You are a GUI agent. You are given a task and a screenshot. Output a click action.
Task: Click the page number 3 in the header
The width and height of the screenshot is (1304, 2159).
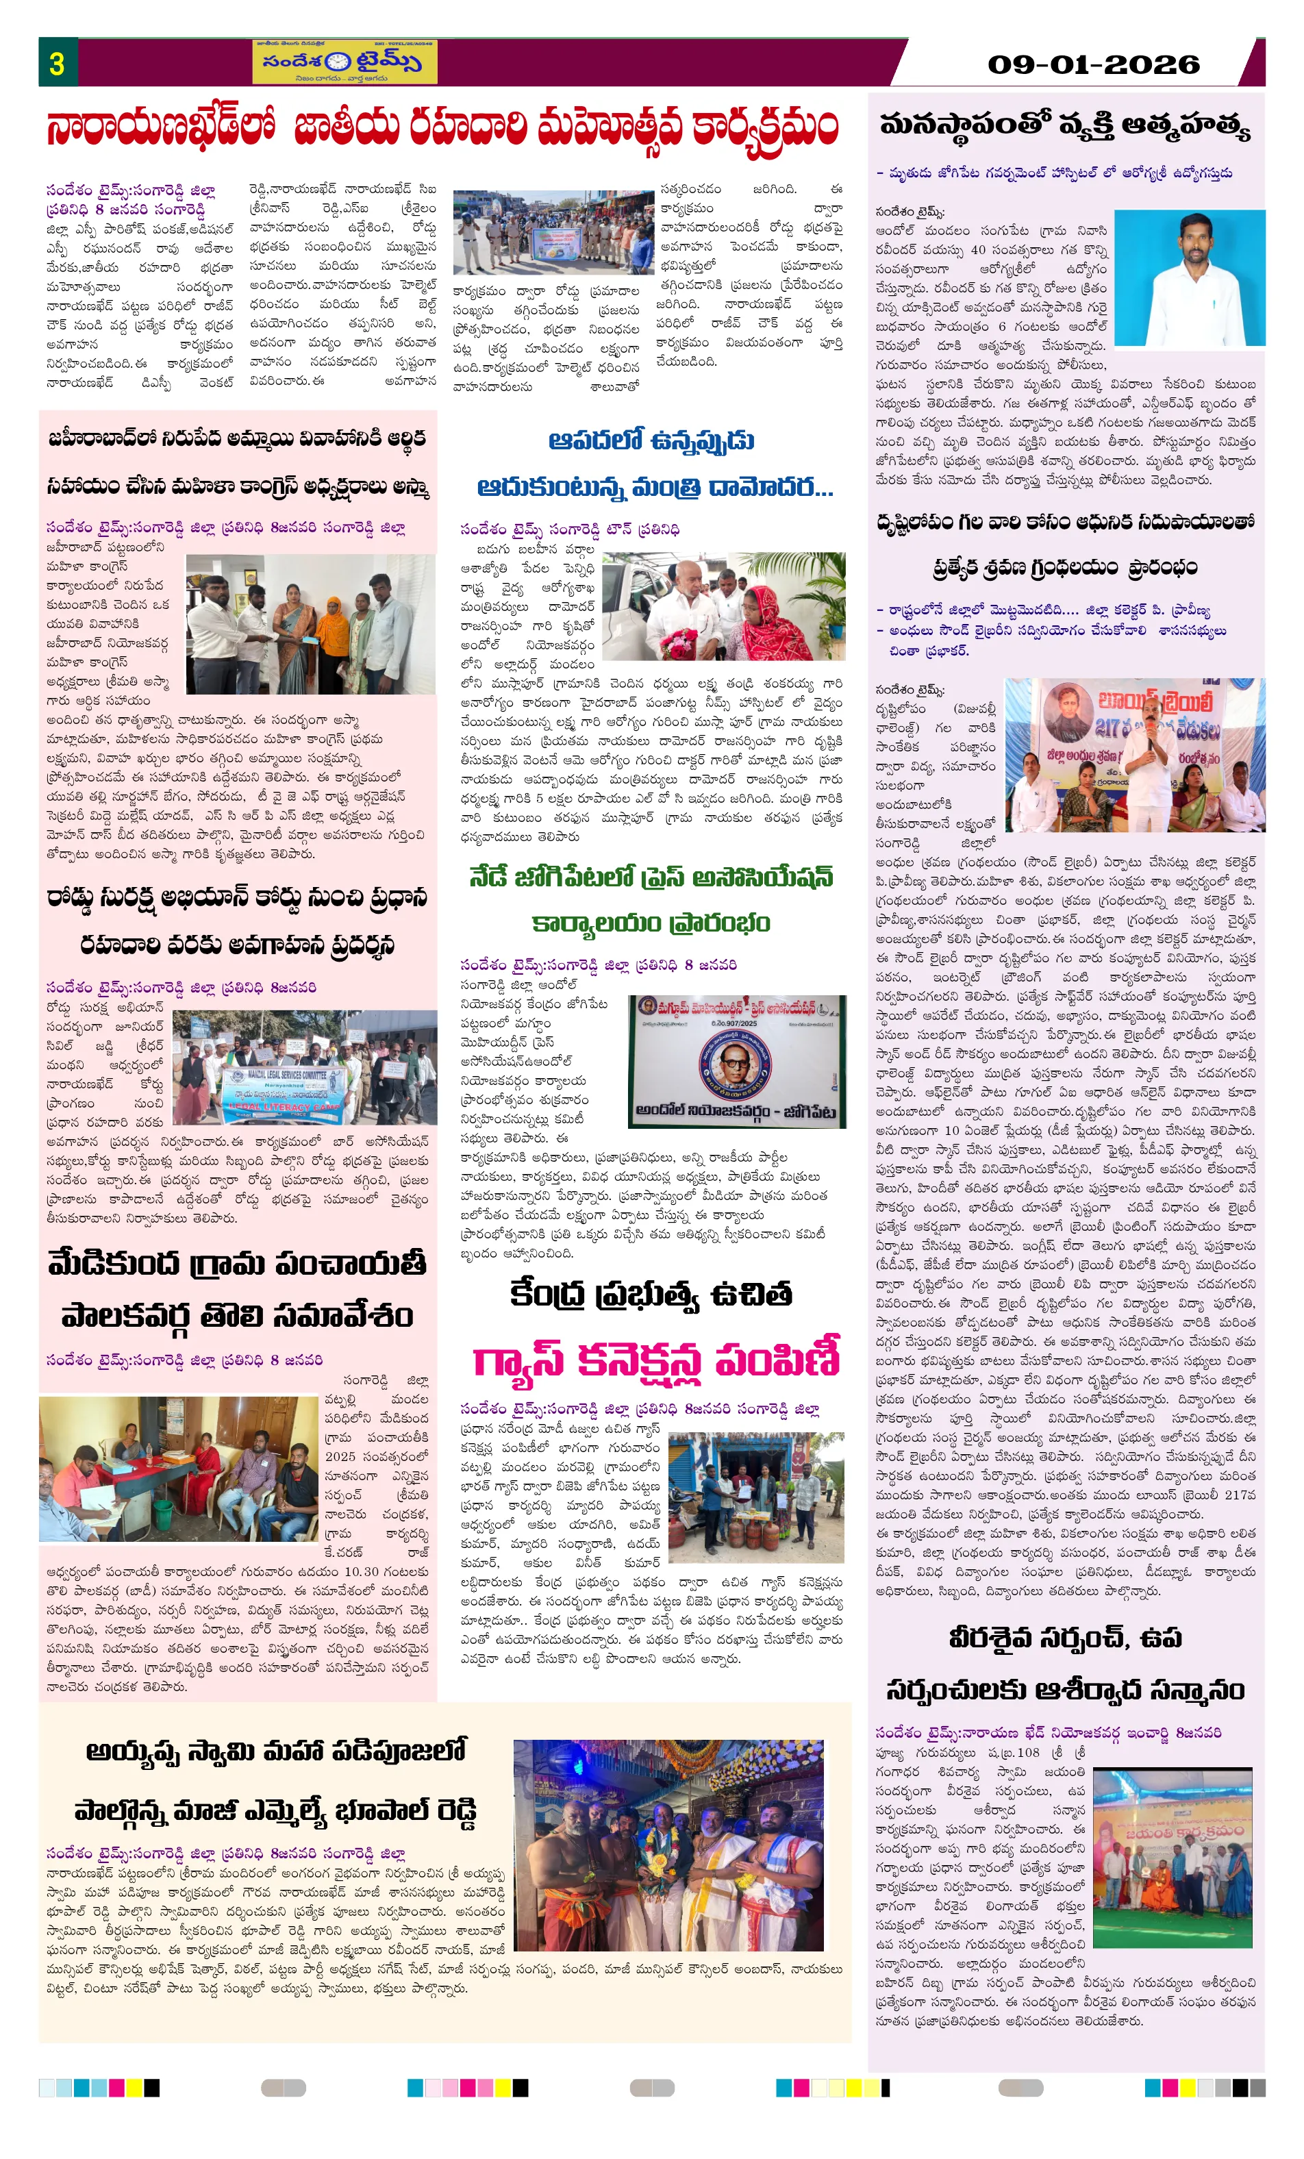(x=57, y=64)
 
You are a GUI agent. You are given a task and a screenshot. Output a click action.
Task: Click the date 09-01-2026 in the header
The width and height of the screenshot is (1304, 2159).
(x=1093, y=65)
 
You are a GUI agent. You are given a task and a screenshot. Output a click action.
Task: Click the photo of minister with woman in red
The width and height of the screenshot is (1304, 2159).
(x=723, y=606)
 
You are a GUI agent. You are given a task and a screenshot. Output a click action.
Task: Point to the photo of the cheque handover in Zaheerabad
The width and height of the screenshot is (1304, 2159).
(x=310, y=624)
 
